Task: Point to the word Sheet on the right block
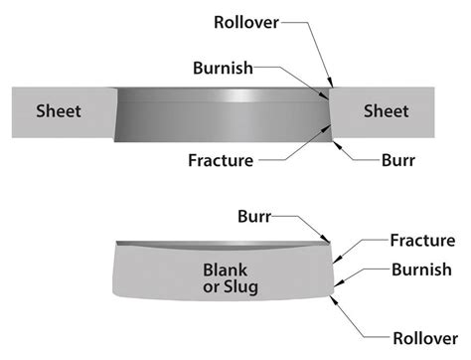point(386,110)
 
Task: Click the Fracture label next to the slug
point(420,240)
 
